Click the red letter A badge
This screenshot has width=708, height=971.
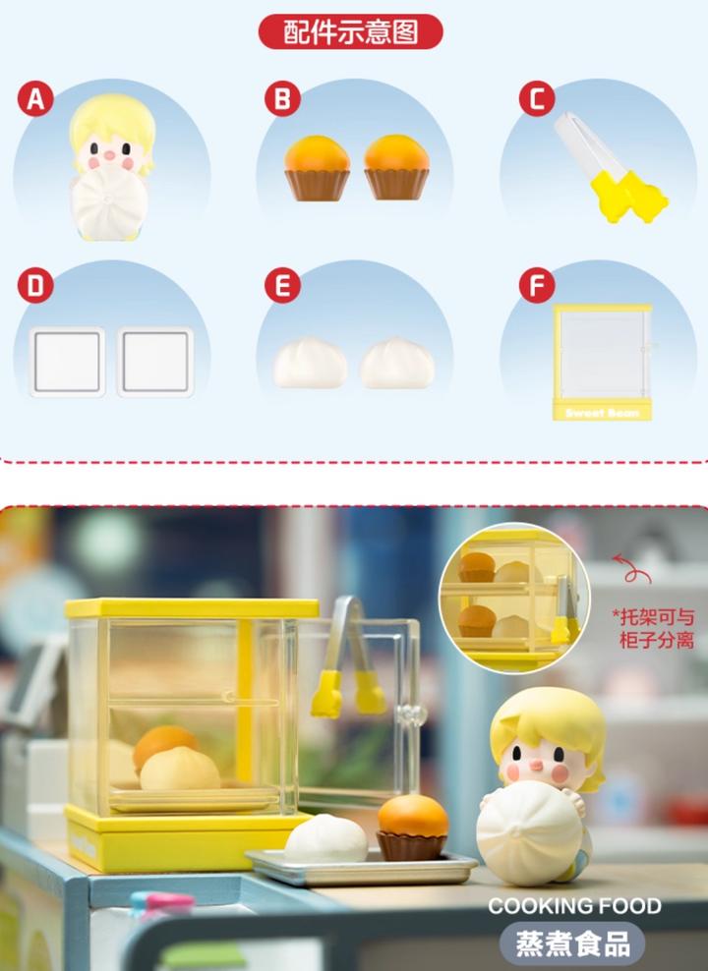35,98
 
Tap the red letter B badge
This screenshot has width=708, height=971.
282,98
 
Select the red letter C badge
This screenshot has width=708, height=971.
537,98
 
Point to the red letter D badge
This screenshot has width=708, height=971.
35,285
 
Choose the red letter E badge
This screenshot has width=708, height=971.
282,285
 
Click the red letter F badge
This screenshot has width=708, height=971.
537,285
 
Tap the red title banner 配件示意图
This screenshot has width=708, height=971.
351,31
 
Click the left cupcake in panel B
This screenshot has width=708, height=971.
318,168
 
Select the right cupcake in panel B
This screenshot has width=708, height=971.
396,168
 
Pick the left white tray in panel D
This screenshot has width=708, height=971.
67,363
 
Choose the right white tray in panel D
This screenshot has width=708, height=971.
155,363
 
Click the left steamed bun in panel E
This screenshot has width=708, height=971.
311,363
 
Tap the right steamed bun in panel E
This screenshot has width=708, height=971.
397,363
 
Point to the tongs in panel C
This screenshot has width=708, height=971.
609,166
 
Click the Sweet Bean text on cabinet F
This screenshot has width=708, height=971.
602,413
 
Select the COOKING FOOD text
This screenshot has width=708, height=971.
575,906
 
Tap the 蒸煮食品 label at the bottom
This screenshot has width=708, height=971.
573,943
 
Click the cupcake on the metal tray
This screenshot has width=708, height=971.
413,828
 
